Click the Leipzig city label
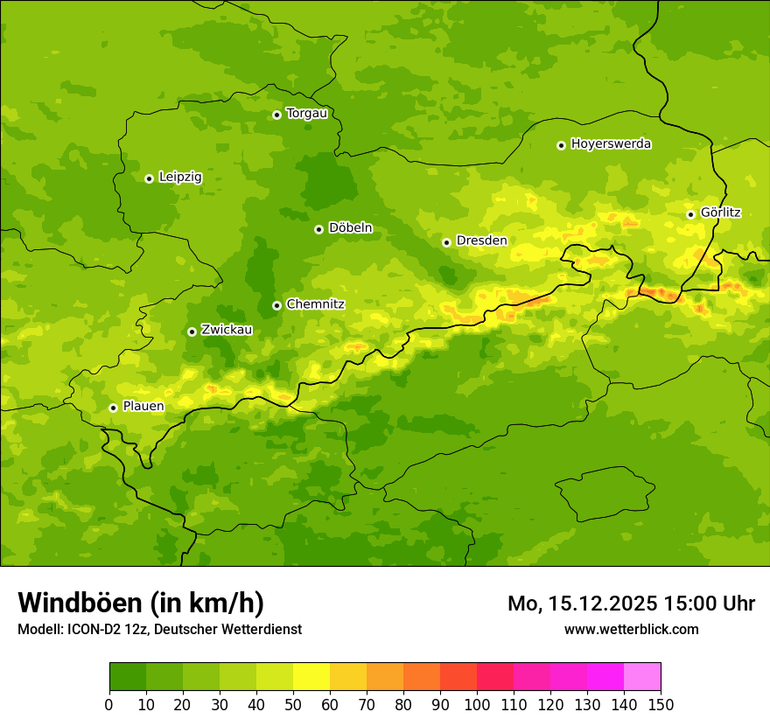coord(180,177)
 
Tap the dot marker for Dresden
coord(446,242)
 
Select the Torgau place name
coord(306,113)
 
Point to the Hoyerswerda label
coord(611,143)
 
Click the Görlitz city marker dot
coord(690,214)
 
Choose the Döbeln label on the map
coord(350,228)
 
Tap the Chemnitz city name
coord(315,304)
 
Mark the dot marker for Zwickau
coord(192,332)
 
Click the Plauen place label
coord(143,406)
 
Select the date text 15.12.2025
coord(603,604)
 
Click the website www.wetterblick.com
coord(631,629)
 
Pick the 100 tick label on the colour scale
coord(477,704)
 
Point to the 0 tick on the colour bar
coord(109,704)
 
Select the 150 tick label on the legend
coord(661,704)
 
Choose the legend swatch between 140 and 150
coord(642,677)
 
